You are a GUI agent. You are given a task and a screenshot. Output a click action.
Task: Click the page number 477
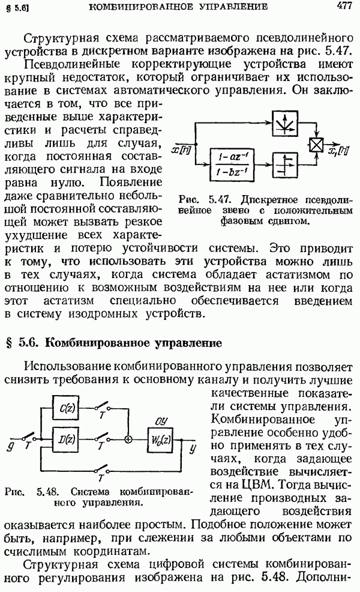tap(344, 7)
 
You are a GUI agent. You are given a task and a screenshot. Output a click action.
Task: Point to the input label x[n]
tap(181, 150)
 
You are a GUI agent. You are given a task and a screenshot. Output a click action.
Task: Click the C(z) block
tap(66, 408)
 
